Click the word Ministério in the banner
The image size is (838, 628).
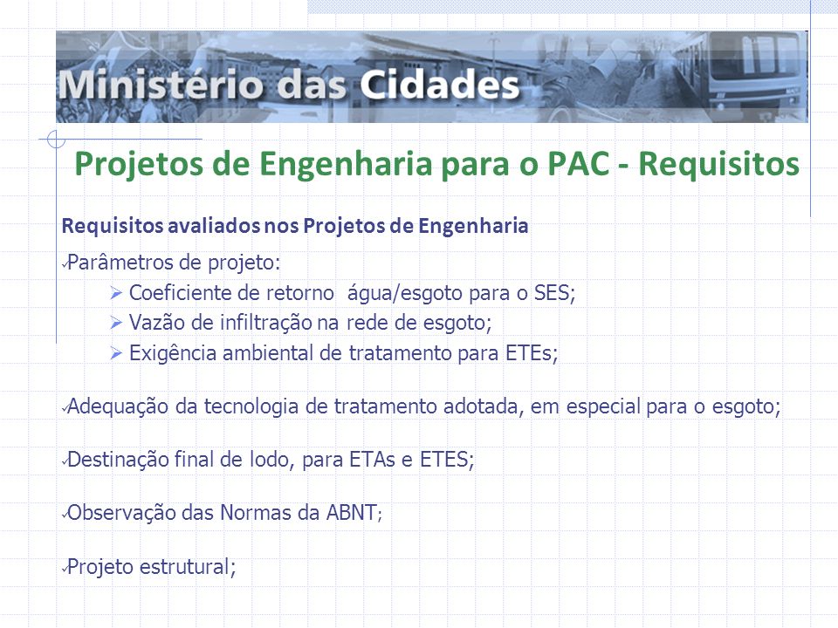pyautogui.click(x=161, y=85)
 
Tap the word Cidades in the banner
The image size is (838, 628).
pyautogui.click(x=439, y=85)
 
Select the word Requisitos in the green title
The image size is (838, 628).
pyautogui.click(x=718, y=164)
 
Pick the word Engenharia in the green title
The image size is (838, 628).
pyautogui.click(x=347, y=165)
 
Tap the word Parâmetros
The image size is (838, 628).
pyautogui.click(x=120, y=263)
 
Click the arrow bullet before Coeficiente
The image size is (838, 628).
pyautogui.click(x=116, y=293)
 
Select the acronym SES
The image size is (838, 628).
pyautogui.click(x=554, y=293)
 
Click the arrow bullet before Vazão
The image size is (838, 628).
pyautogui.click(x=116, y=323)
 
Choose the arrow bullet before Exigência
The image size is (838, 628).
pyautogui.click(x=116, y=353)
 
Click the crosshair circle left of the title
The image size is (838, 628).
pyautogui.click(x=56, y=140)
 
